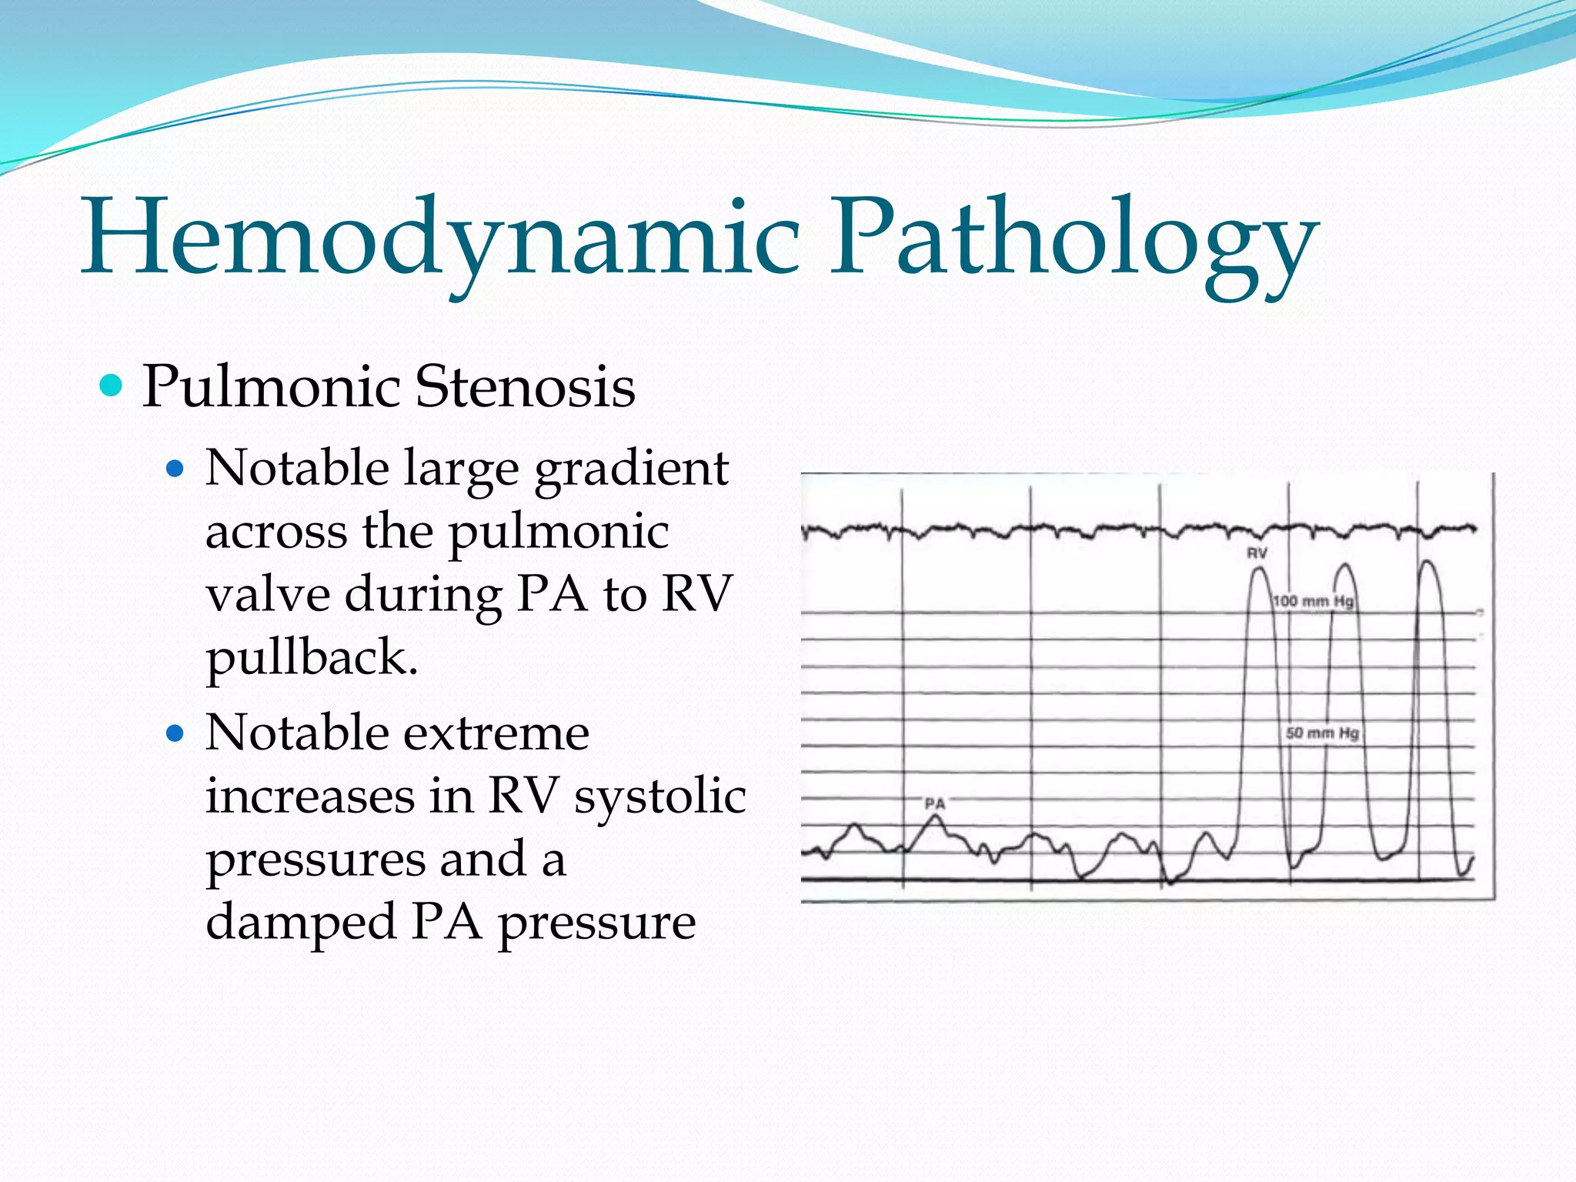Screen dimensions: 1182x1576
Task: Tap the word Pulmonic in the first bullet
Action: (270, 386)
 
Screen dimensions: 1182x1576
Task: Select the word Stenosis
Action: (525, 386)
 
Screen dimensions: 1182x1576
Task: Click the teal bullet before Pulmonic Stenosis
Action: (112, 385)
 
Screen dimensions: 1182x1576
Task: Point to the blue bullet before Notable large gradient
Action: (175, 469)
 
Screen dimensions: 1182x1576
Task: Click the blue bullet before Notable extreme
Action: (175, 733)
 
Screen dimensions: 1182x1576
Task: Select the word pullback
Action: (311, 659)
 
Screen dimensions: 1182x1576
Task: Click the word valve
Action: (267, 595)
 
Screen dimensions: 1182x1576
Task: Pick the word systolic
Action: (660, 796)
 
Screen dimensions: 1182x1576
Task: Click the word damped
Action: (300, 922)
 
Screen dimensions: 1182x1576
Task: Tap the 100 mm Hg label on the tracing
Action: (1313, 601)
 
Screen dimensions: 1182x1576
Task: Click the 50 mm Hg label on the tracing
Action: (1322, 733)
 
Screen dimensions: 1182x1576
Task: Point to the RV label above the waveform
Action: (1257, 553)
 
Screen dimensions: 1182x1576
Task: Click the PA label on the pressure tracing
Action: (934, 803)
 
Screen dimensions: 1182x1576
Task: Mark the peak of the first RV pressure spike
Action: (1259, 569)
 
